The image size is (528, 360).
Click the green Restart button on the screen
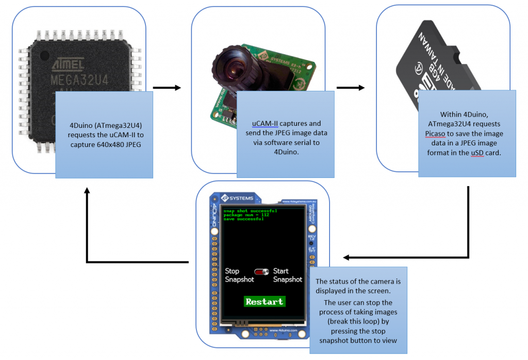pos(264,301)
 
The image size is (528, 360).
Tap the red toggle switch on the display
pos(262,271)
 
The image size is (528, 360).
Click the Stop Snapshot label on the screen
pos(240,275)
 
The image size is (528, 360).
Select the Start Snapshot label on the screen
pos(287,275)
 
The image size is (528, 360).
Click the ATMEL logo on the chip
pos(69,65)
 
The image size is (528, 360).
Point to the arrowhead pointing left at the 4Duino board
pos(346,257)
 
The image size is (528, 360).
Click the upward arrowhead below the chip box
pos(87,190)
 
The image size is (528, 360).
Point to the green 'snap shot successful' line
pos(250,210)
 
